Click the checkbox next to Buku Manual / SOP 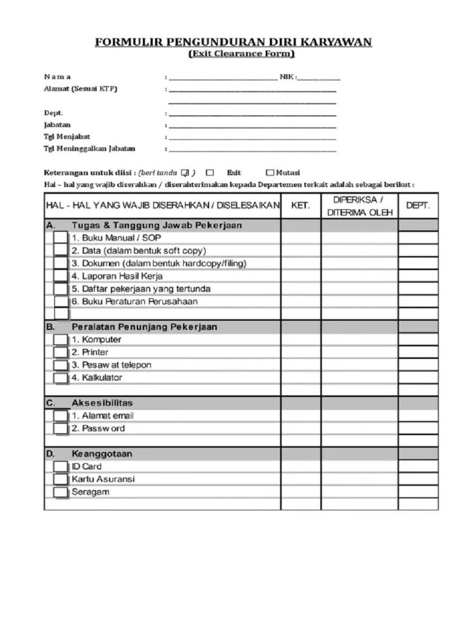[x=60, y=238]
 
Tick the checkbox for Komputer [x=60, y=339]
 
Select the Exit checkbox [x=210, y=173]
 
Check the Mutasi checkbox [x=271, y=173]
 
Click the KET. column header [x=300, y=206]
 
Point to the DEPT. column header [x=418, y=206]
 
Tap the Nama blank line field [x=223, y=78]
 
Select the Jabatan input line [x=252, y=127]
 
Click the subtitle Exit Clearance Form [x=241, y=54]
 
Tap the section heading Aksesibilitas [x=103, y=403]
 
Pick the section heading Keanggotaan [x=103, y=454]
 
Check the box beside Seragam [x=60, y=492]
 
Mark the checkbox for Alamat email [x=60, y=416]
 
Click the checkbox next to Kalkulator [x=60, y=378]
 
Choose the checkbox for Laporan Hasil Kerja [x=60, y=276]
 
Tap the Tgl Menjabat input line [x=252, y=138]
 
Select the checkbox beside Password [x=60, y=429]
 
